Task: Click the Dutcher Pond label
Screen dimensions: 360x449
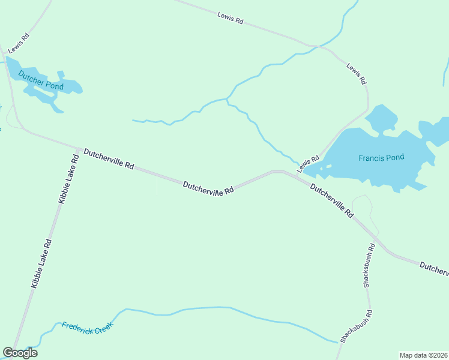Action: coord(41,81)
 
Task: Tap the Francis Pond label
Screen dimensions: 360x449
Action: coord(381,158)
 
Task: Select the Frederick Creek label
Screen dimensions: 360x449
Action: coord(87,328)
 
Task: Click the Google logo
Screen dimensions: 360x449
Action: coord(20,353)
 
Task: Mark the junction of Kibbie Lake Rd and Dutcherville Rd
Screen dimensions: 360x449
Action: coord(79,148)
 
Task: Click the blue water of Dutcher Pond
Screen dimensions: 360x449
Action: coord(66,87)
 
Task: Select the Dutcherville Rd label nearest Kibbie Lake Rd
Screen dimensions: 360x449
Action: coord(109,159)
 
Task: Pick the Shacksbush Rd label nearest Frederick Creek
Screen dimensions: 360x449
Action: coord(357,326)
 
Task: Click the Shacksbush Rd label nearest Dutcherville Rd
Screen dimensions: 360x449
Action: coord(369,265)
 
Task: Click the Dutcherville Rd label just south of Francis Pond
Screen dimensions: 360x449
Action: coord(332,200)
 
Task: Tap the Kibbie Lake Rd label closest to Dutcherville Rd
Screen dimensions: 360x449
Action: coord(68,179)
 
